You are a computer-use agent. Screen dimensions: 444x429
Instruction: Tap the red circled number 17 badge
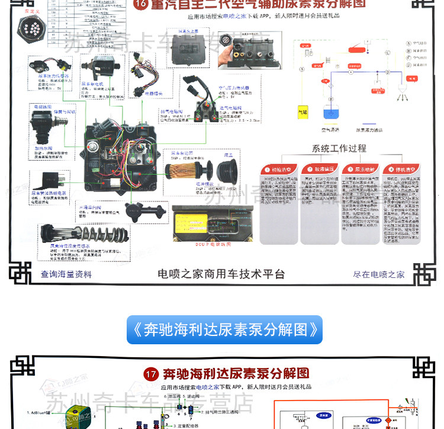click(152, 374)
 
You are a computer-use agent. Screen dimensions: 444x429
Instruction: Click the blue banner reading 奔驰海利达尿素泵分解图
click(224, 329)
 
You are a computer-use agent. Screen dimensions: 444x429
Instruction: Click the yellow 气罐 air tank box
click(302, 110)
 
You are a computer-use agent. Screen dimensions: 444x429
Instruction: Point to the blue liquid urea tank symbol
click(330, 113)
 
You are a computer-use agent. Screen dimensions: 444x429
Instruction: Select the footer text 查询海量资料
click(66, 274)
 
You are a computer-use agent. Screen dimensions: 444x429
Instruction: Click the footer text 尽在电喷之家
click(379, 274)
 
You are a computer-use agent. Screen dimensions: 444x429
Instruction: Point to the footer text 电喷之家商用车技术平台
click(221, 274)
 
